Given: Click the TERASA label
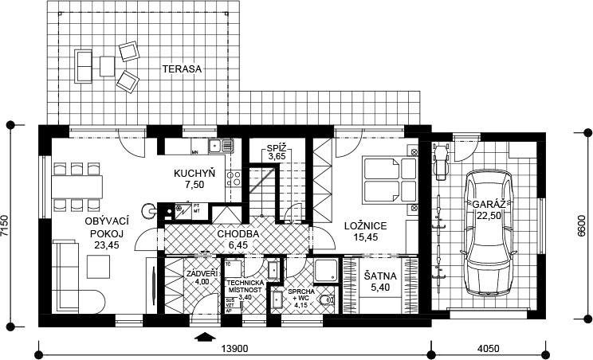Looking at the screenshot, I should (182, 69).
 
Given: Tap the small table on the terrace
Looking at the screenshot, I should (107, 65).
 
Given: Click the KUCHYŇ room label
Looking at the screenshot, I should (195, 173).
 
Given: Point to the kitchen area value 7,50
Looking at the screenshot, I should (195, 184).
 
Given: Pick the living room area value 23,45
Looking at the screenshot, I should (106, 245).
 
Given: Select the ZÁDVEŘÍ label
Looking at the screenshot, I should (197, 273).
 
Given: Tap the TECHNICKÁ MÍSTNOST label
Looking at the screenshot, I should (244, 287).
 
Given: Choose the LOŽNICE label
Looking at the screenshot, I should (365, 226).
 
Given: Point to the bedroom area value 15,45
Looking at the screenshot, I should (365, 237).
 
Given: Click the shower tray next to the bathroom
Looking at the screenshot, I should (326, 271).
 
